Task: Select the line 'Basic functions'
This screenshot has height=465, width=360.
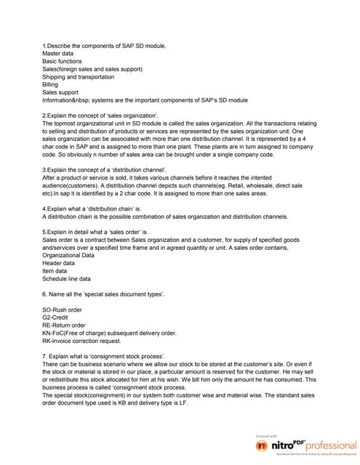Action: [x=65, y=62]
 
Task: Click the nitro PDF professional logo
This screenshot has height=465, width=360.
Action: [x=303, y=444]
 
